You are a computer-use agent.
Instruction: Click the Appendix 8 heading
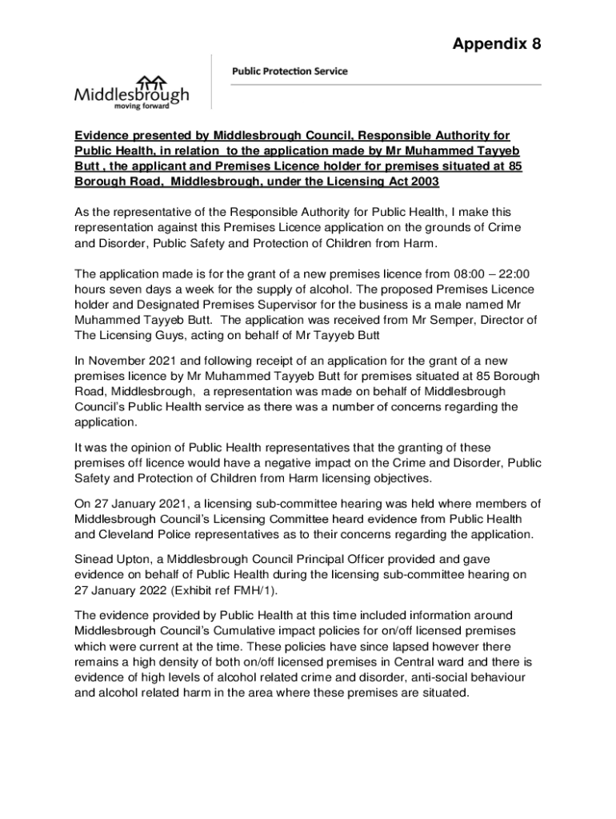pos(497,44)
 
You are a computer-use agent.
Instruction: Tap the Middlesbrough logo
pos(132,93)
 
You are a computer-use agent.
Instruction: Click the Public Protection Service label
pos(290,71)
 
